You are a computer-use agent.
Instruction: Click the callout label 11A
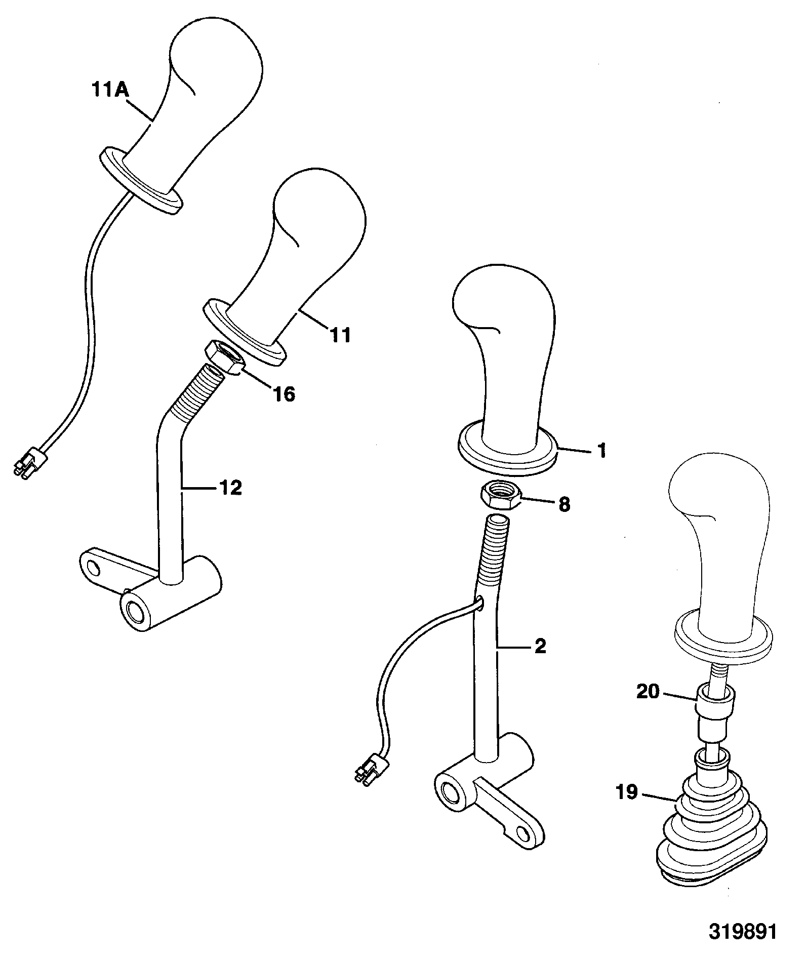click(110, 91)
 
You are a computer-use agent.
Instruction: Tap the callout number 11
click(340, 335)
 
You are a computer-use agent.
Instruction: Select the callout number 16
click(284, 393)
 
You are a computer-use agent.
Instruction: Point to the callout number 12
click(230, 488)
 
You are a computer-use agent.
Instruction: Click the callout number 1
click(601, 450)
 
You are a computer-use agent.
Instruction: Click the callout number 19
click(627, 791)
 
